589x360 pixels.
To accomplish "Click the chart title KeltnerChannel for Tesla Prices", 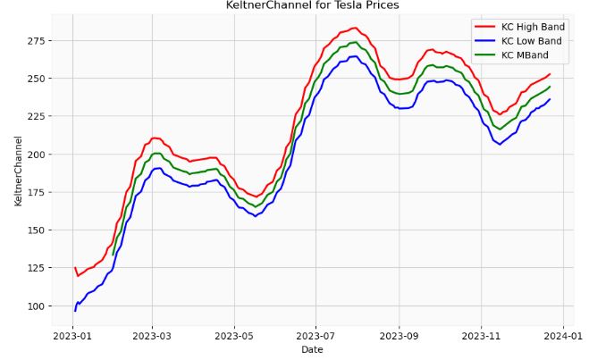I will click(313, 5).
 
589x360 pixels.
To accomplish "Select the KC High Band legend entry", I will click(533, 27).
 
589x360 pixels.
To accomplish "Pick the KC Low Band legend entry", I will click(531, 41).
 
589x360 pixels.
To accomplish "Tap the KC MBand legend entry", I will click(525, 55).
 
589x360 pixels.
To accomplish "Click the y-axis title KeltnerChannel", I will click(18, 171).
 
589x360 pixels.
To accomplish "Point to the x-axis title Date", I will click(313, 350).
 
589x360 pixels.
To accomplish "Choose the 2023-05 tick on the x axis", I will click(234, 336).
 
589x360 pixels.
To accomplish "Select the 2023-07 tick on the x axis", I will click(316, 336).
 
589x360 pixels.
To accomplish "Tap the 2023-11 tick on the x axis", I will click(481, 336).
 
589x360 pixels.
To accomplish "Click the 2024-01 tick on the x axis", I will click(563, 336).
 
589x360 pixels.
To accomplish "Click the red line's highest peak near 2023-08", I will click(354, 28).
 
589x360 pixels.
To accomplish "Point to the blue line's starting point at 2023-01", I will click(75, 310).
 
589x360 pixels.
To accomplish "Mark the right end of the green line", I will click(550, 87).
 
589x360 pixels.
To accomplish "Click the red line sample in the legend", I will click(484, 27).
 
